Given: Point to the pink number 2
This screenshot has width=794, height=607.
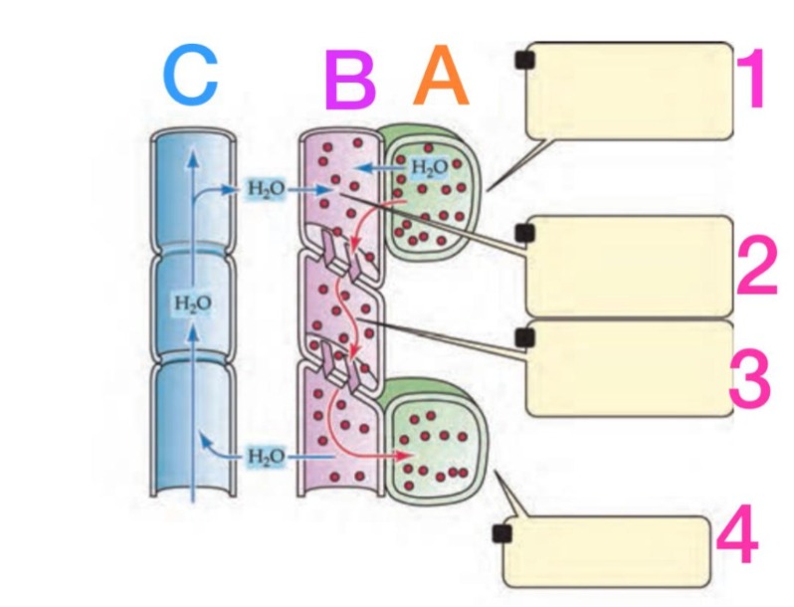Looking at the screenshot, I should coord(757,263).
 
